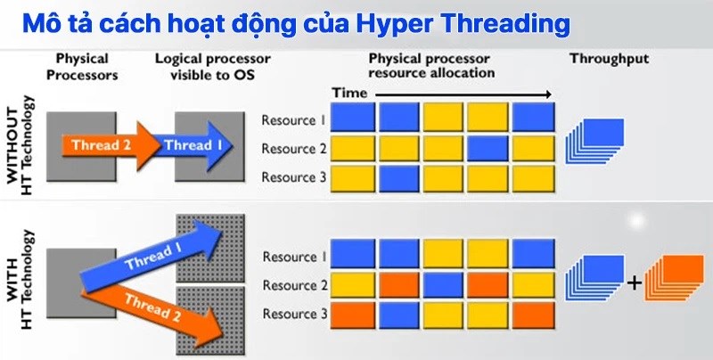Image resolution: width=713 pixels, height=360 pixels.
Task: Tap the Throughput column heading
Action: (609, 59)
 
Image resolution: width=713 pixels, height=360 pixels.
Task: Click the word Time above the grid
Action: (349, 93)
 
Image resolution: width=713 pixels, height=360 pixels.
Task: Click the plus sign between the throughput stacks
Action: (634, 283)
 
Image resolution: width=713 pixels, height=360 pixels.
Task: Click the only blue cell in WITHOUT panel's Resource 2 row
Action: (488, 148)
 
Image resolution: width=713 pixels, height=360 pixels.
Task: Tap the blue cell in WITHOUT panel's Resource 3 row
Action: (398, 176)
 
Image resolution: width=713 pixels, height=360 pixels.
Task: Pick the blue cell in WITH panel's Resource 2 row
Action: (443, 284)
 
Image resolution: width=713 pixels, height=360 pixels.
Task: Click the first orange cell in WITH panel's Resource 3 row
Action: (353, 313)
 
